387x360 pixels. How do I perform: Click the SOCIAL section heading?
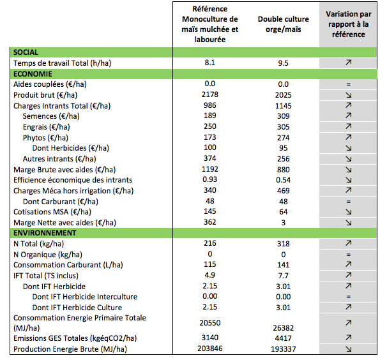[26, 52]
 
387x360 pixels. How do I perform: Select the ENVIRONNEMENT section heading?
[45, 233]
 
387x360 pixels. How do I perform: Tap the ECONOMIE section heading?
[33, 74]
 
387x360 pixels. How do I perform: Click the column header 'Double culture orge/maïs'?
[284, 24]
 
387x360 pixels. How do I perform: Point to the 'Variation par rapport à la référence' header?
[349, 24]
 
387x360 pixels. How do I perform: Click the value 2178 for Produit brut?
[210, 94]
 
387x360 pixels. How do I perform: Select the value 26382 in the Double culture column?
[284, 328]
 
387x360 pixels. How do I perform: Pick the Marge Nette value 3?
[284, 223]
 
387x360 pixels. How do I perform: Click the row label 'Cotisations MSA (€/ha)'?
[52, 212]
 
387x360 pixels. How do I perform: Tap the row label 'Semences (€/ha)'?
[51, 116]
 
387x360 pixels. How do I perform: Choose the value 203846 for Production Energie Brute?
[210, 349]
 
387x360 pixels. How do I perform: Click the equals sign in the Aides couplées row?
[349, 84]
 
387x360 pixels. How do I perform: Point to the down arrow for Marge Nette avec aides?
[349, 223]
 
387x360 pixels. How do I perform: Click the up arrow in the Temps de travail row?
[349, 63]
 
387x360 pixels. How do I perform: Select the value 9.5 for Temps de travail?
[284, 63]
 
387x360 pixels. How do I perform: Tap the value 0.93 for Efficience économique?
[210, 179]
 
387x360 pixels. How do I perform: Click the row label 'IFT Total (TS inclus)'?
[46, 275]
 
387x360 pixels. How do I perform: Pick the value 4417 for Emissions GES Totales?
[284, 338]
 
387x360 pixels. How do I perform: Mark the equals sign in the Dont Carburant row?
[349, 202]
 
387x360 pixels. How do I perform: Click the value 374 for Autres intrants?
[210, 158]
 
